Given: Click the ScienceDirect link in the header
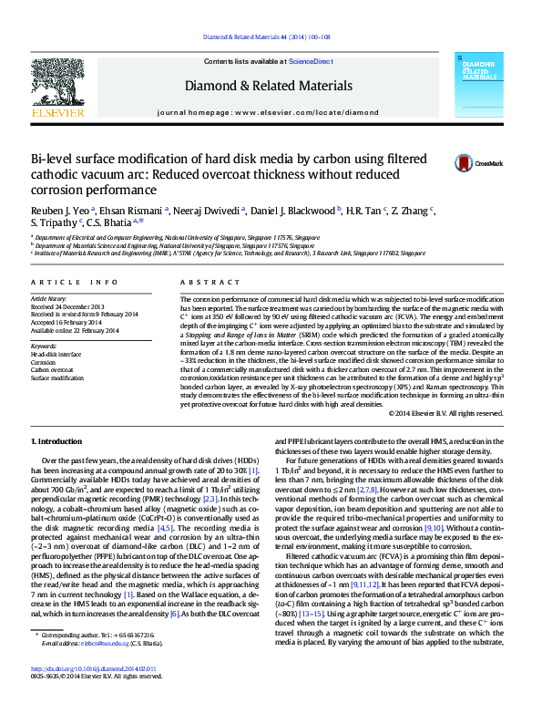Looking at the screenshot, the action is (311, 61).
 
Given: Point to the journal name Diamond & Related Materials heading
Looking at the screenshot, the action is (269, 86).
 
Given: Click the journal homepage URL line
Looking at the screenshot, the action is (268, 112).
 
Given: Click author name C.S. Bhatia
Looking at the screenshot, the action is (116, 222).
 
